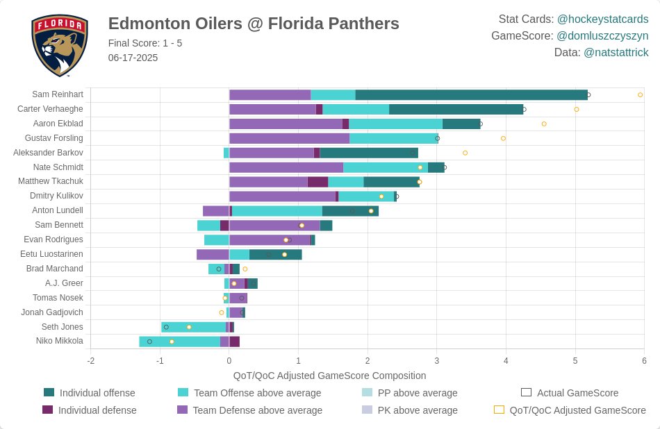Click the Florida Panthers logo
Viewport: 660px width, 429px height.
[60, 46]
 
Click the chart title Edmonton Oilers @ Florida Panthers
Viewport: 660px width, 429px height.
[254, 24]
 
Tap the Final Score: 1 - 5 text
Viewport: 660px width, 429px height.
[145, 43]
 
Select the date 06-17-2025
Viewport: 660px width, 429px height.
[133, 58]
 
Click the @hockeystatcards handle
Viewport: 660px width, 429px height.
[602, 19]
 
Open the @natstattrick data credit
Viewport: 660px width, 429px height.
[616, 52]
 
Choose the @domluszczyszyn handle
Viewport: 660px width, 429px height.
[602, 35]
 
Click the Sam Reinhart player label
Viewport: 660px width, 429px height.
[58, 94]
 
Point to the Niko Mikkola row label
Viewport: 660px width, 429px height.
[60, 341]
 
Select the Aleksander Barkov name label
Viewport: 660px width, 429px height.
[48, 153]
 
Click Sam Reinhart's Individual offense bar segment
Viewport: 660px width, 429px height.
[471, 94]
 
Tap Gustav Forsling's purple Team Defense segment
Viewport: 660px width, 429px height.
[289, 138]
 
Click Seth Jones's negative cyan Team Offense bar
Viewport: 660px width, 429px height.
[194, 327]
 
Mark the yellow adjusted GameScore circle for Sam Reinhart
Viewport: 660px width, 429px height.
[640, 94]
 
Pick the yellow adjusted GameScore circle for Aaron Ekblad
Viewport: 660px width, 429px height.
[544, 124]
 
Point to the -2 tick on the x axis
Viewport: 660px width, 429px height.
[90, 361]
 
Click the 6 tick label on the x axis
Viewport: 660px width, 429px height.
[644, 361]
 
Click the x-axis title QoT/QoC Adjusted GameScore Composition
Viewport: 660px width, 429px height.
[329, 376]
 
